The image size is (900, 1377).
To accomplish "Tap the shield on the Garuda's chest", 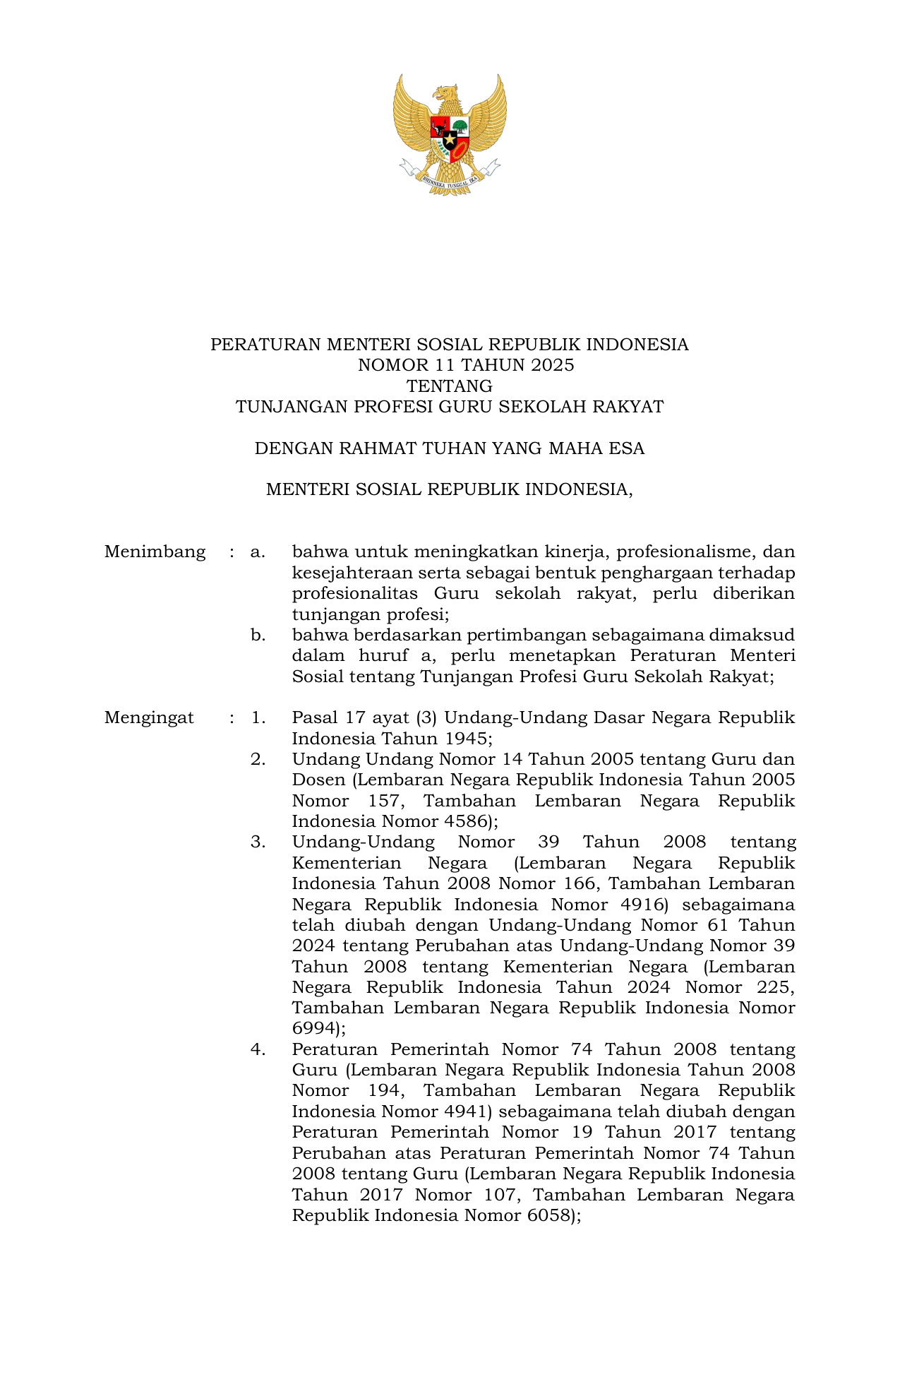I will (450, 138).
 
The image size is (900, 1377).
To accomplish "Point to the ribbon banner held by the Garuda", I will (450, 179).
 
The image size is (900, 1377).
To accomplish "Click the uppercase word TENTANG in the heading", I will (450, 386).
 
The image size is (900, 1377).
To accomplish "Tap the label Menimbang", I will (155, 552).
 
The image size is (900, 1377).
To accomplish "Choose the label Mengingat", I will (149, 718).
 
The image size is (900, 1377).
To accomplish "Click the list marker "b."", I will (258, 635).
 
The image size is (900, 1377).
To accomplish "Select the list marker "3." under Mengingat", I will (258, 842).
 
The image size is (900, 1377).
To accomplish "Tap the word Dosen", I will (318, 780).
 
